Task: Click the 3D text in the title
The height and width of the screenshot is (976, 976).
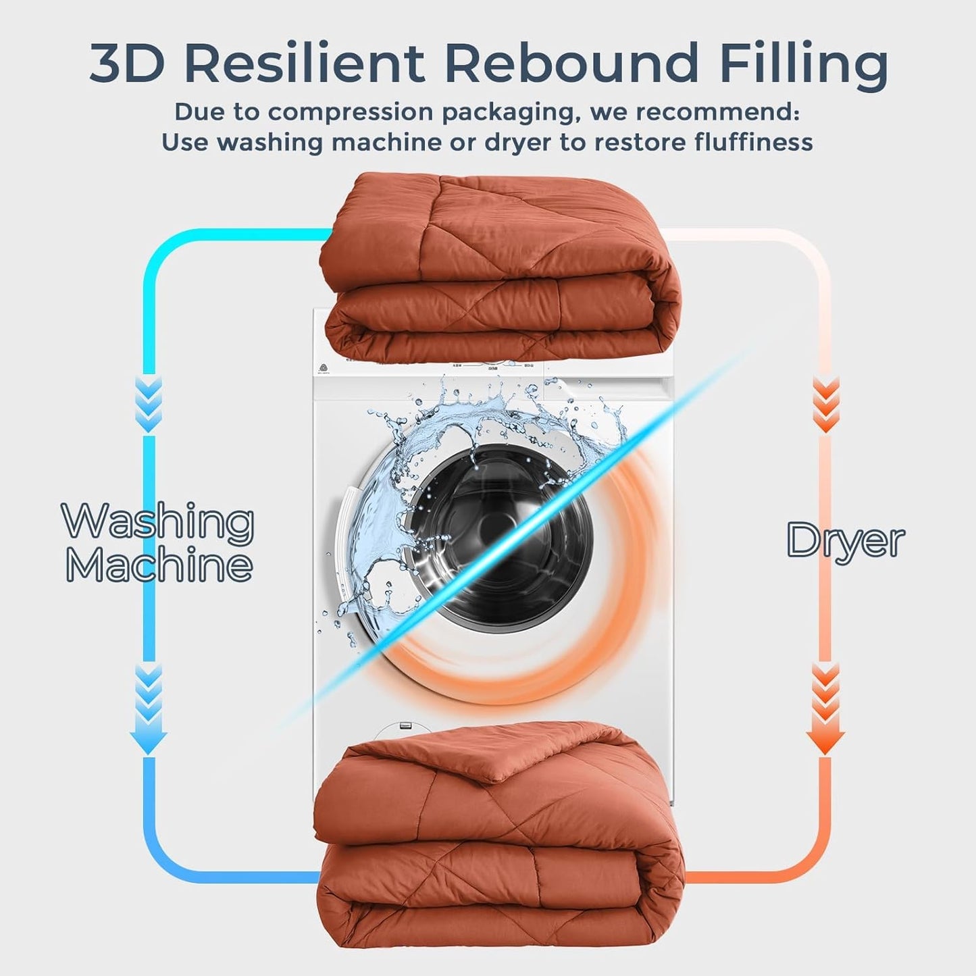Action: (126, 64)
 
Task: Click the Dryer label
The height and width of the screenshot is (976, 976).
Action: (845, 541)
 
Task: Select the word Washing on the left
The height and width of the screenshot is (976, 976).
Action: (158, 521)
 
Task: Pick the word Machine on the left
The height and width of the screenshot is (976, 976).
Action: (159, 565)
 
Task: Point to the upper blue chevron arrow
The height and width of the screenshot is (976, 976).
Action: (148, 404)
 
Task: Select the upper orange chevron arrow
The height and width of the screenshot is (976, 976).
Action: (825, 404)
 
